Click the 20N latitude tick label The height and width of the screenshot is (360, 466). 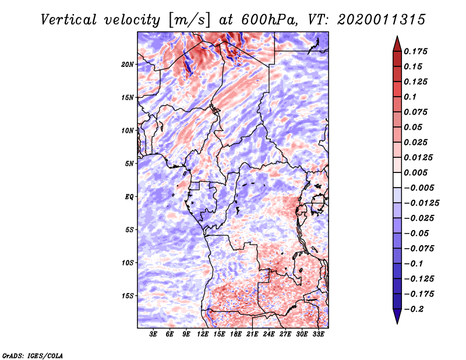click(x=128, y=64)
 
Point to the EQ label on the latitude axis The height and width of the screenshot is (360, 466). click(x=129, y=196)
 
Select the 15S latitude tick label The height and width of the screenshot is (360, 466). click(x=128, y=295)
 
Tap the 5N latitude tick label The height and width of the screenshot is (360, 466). click(x=129, y=164)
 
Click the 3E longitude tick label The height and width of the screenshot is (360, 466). click(x=153, y=334)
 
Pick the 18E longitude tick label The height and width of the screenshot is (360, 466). click(x=236, y=334)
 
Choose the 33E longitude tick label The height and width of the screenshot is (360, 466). click(x=318, y=334)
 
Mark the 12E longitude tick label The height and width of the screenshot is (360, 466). click(x=203, y=334)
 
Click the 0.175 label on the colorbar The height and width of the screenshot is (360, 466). click(x=415, y=51)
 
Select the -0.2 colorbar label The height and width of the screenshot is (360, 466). click(x=414, y=309)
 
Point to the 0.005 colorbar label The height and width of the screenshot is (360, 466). click(x=415, y=172)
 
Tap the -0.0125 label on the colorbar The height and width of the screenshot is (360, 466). click(x=421, y=203)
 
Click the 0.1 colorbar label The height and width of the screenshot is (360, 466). click(x=410, y=97)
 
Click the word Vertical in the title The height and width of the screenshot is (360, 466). click(x=69, y=20)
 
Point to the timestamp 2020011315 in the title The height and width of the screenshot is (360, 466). click(x=382, y=20)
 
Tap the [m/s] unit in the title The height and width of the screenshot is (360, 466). click(x=189, y=20)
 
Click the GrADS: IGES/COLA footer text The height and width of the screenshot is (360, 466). click(x=33, y=356)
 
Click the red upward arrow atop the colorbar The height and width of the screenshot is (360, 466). click(x=397, y=44)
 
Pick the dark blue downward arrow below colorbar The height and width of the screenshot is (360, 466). click(x=397, y=316)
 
